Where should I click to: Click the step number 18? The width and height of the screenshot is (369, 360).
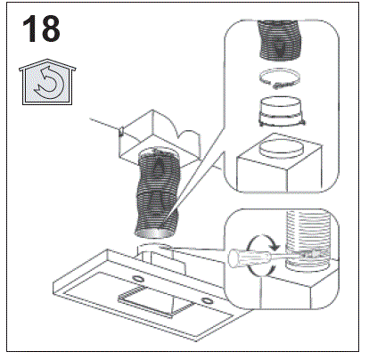point(41,29)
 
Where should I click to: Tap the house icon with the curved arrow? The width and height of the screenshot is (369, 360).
point(47,81)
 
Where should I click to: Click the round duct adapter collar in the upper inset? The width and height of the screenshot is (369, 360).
point(282,111)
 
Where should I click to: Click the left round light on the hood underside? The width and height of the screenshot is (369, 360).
point(137,279)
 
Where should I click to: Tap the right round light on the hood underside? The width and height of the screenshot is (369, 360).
point(205,301)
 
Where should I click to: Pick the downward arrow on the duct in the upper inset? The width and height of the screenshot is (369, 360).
point(279,48)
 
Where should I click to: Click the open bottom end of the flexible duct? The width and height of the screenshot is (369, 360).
point(153,233)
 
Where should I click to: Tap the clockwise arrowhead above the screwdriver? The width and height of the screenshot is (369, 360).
point(275,246)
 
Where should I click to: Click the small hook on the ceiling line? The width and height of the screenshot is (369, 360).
point(121,130)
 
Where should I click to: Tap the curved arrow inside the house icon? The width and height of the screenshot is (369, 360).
point(48,84)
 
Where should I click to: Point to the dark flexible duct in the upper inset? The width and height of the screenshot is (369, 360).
point(279,39)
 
